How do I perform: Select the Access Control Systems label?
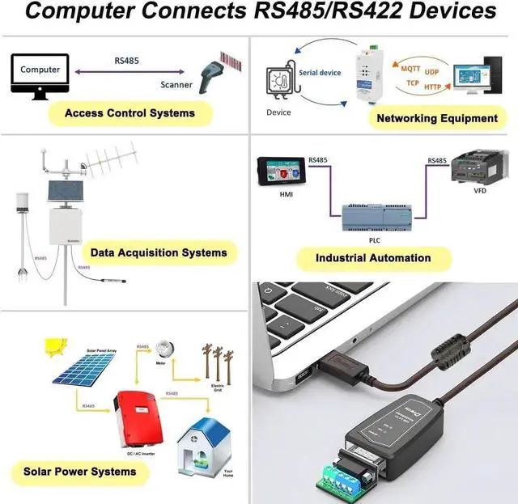tap(129, 112)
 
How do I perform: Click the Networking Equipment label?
tap(437, 118)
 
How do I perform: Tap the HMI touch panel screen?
tap(280, 173)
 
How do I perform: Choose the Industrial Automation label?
tap(373, 258)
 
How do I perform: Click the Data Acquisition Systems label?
tap(159, 252)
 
